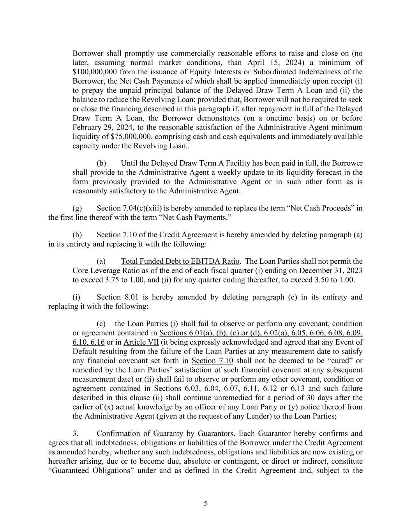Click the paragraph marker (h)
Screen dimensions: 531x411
pyautogui.click(x=77, y=235)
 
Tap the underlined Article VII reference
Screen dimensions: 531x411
pyautogui.click(x=141, y=342)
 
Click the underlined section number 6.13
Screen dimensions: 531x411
pyautogui.click(x=298, y=388)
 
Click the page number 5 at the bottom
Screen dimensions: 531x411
pyautogui.click(x=205, y=504)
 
